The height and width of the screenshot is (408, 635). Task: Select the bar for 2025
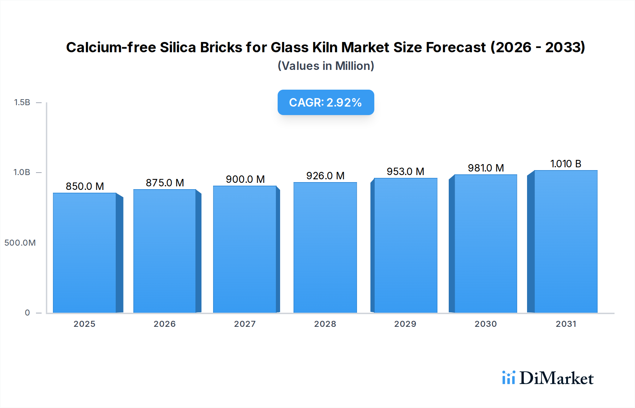coord(85,253)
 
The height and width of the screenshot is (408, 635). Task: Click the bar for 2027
coord(245,249)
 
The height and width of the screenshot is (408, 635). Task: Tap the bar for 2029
coord(406,245)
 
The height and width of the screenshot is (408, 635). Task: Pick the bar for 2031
coord(566,241)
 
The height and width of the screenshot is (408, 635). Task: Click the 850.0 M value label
coord(85,186)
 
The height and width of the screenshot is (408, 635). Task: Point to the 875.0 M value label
coord(165,183)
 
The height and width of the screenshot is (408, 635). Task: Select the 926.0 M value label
coord(325,176)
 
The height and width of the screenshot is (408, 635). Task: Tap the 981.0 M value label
coord(486,168)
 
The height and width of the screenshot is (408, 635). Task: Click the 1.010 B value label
coord(566,164)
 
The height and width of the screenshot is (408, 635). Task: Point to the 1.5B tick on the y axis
coord(22,102)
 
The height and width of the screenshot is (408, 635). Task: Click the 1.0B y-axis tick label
coord(22,172)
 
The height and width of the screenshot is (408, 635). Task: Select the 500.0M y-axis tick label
coord(20,243)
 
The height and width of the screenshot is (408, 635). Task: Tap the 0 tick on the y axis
coord(28,313)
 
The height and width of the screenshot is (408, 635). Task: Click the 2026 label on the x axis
coord(165,324)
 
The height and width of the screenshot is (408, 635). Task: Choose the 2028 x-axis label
coord(325,324)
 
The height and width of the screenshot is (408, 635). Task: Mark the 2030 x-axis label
coord(486,324)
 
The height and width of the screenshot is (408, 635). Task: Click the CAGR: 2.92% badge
coord(326,102)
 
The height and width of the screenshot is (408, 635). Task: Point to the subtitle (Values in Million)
coord(326,66)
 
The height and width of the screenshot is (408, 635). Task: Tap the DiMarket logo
coord(548,378)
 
